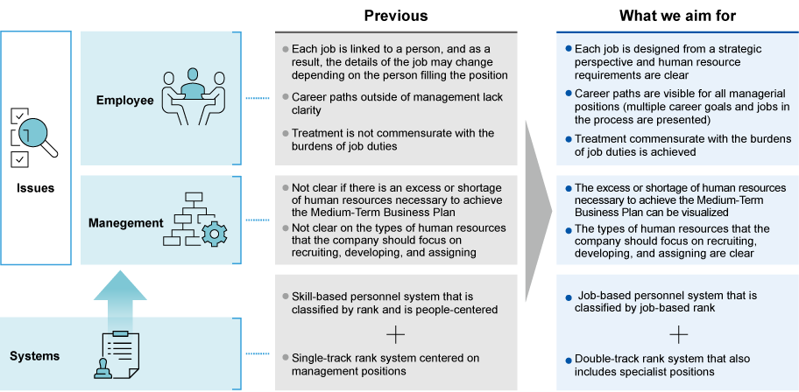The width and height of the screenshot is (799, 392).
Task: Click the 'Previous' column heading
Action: click(x=396, y=15)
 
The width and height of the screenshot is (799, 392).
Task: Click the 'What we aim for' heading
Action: click(x=677, y=15)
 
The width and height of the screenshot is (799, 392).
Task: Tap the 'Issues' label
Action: click(x=35, y=187)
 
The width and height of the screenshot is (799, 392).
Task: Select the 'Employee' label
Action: click(x=125, y=101)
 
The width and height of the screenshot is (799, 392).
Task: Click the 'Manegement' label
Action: click(x=126, y=223)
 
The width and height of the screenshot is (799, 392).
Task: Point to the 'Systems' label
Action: click(x=34, y=355)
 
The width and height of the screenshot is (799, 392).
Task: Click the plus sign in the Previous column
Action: click(x=396, y=333)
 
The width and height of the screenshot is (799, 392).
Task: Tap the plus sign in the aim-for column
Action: click(x=678, y=333)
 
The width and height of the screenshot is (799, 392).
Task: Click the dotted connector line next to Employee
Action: click(x=257, y=99)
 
